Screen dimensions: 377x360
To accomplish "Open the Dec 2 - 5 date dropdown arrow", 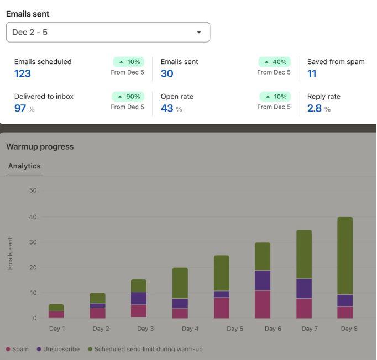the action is [199, 32].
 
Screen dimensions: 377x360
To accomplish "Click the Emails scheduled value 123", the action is [23, 73].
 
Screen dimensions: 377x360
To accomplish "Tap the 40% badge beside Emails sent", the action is [274, 62].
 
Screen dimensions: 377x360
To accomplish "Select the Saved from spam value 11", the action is [312, 73].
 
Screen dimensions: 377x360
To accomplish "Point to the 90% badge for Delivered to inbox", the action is [128, 97].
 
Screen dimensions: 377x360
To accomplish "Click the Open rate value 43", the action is [167, 108].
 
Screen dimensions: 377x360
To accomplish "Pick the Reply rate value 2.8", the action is [315, 108].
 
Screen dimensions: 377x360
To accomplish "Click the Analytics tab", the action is [24, 166].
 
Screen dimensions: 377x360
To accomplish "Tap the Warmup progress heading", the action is [40, 146].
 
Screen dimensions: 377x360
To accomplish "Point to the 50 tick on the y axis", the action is [33, 190].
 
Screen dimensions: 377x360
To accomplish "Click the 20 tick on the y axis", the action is [33, 267].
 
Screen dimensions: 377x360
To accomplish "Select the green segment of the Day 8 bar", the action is [345, 256].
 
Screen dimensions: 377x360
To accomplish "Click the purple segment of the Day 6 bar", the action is [263, 280].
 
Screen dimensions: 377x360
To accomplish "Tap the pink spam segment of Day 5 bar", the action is [222, 308].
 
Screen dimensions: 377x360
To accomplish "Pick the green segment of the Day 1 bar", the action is [56, 308].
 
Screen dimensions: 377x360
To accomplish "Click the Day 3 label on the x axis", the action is [145, 329].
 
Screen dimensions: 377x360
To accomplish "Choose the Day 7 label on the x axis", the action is [310, 329].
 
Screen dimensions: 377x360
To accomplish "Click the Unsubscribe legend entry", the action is [58, 349].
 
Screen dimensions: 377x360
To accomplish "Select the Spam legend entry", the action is [17, 349].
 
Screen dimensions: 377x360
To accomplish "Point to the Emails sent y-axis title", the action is [10, 253].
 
